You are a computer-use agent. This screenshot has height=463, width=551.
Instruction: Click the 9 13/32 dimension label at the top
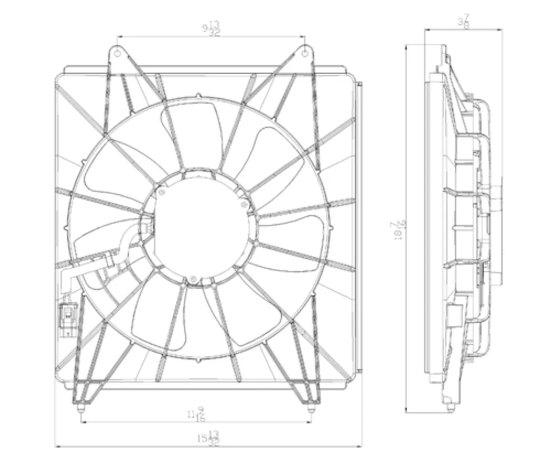[x=211, y=29]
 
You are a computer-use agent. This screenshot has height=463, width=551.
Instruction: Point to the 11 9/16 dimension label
[x=195, y=414]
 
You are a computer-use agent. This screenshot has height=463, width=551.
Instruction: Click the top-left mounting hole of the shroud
[x=118, y=53]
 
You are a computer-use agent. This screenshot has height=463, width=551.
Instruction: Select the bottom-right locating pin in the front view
[x=311, y=410]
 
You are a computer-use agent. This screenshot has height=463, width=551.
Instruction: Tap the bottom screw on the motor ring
[x=193, y=280]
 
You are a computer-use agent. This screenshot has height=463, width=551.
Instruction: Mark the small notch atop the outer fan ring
[x=198, y=96]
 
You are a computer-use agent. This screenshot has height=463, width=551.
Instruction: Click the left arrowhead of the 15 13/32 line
[x=57, y=445]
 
